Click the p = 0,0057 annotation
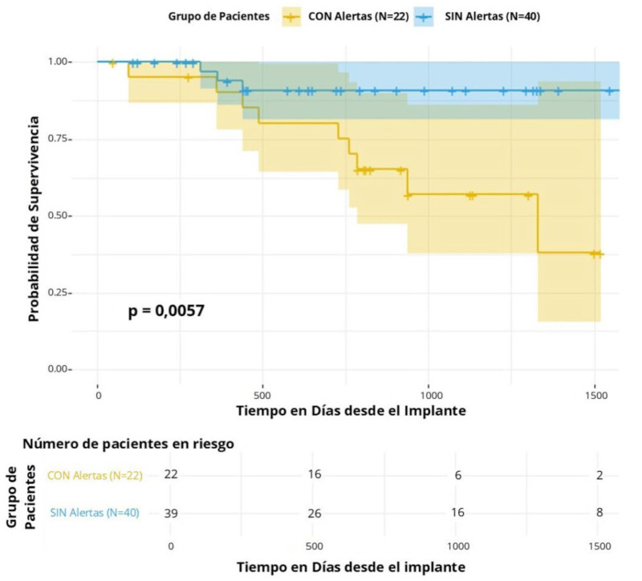pyautogui.click(x=166, y=311)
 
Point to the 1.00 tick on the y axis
pyautogui.click(x=61, y=62)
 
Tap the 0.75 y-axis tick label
pyautogui.click(x=61, y=139)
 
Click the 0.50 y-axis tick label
pyautogui.click(x=61, y=216)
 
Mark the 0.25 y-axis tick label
pyautogui.click(x=61, y=293)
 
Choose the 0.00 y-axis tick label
pyautogui.click(x=61, y=369)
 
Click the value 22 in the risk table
pyautogui.click(x=170, y=474)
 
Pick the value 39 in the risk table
pyautogui.click(x=170, y=513)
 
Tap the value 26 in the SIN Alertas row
pyautogui.click(x=314, y=513)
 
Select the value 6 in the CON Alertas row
pyautogui.click(x=457, y=474)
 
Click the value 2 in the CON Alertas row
pyautogui.click(x=599, y=474)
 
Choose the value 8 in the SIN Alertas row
pyautogui.click(x=599, y=513)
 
